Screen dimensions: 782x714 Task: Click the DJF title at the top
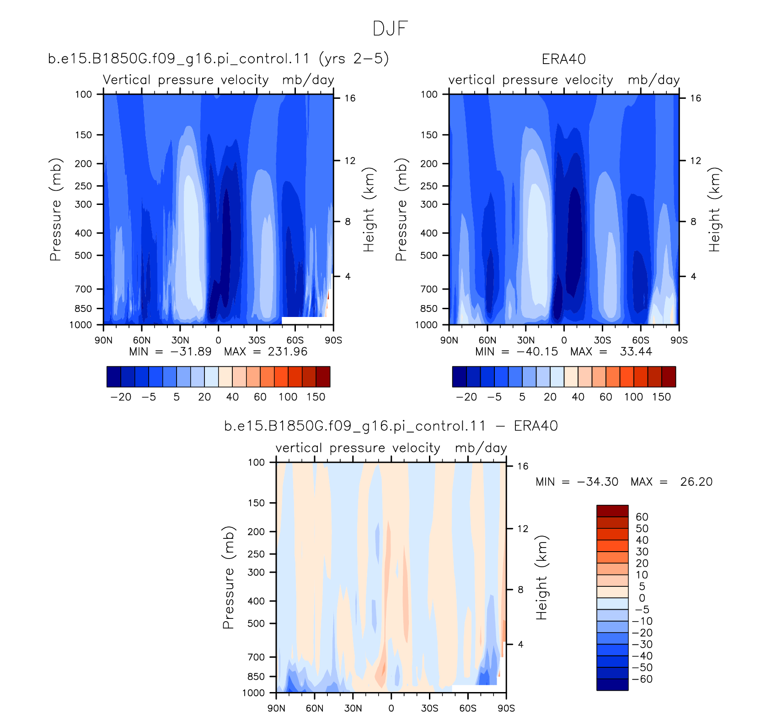click(x=390, y=28)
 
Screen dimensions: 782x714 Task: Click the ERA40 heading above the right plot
click(x=563, y=59)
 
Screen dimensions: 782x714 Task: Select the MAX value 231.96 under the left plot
click(x=288, y=351)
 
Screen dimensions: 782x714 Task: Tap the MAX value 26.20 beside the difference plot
click(x=696, y=482)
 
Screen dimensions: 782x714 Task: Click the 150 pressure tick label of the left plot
click(x=83, y=135)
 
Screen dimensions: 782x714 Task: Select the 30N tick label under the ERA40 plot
click(x=525, y=340)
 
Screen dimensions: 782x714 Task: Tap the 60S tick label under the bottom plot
click(x=468, y=708)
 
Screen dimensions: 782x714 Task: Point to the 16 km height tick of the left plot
click(x=350, y=98)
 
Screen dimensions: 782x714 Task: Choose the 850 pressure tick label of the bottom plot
click(x=256, y=676)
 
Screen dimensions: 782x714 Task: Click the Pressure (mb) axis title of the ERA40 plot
click(x=401, y=209)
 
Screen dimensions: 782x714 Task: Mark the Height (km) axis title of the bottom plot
click(x=542, y=578)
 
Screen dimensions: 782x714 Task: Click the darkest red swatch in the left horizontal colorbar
click(x=323, y=376)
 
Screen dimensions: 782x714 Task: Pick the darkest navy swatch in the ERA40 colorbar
click(x=459, y=376)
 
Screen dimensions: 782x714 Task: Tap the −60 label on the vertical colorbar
click(x=642, y=679)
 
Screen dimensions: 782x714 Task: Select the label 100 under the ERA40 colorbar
click(x=633, y=397)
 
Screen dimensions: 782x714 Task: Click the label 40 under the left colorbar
click(x=232, y=397)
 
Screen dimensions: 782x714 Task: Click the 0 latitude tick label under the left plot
click(x=218, y=340)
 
